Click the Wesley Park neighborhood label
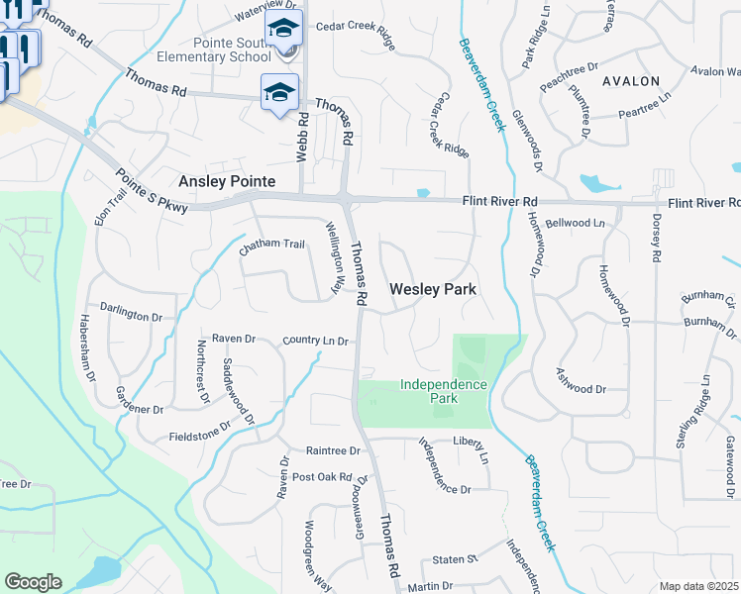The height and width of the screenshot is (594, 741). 433,290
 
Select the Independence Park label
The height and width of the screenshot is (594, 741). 443,390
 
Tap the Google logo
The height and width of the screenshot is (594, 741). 33,582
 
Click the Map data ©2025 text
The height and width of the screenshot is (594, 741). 698,586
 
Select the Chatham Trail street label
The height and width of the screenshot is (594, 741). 272,245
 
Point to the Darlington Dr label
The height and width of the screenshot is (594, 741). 130,318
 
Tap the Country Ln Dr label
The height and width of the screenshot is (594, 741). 315,341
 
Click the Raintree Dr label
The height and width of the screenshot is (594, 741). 333,449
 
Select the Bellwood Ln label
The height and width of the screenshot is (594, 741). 575,224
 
